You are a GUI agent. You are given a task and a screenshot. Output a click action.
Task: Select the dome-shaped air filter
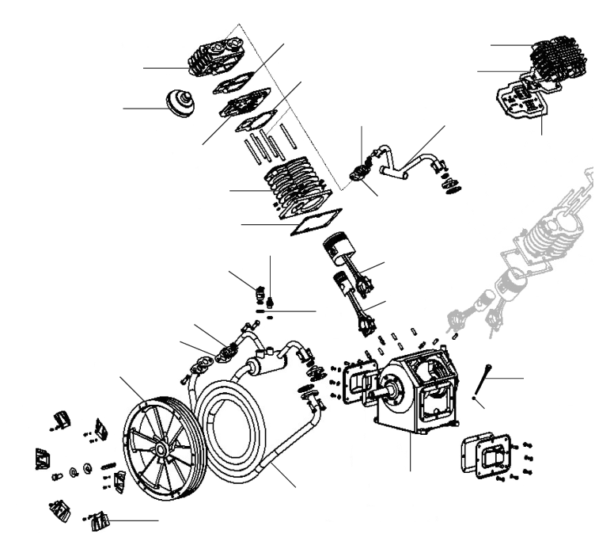(x=180, y=104)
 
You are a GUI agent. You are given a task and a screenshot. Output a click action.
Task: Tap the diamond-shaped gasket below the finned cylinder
(x=316, y=221)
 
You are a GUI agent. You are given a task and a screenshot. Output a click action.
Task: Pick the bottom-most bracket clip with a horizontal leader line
(x=101, y=521)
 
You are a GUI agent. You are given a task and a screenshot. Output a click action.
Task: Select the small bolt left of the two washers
(x=58, y=478)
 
